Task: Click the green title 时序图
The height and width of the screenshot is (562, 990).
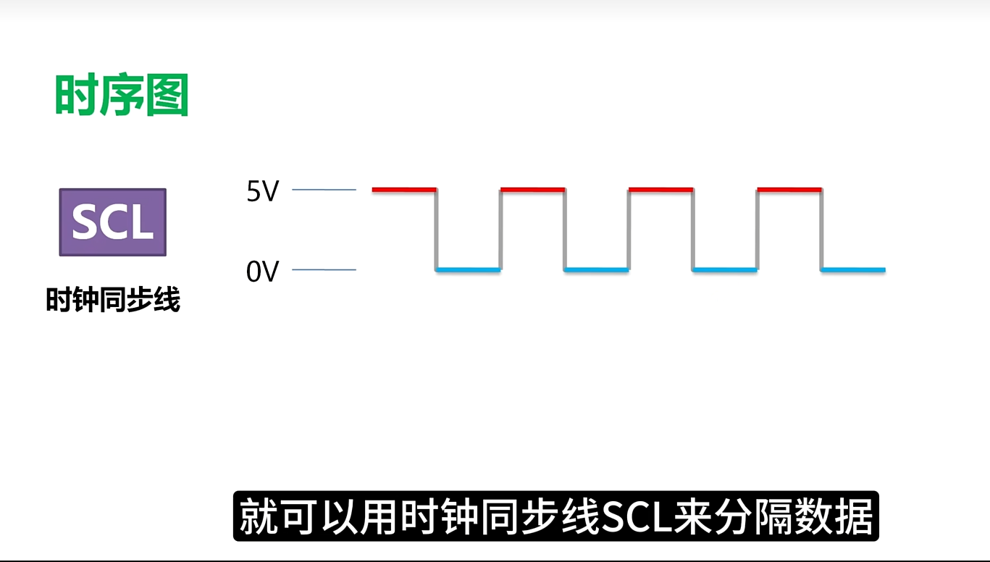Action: click(122, 96)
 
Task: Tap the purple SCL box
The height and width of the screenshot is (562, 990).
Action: click(112, 222)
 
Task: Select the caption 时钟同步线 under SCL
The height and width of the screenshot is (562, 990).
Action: click(113, 300)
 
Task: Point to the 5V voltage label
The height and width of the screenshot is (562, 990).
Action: click(262, 192)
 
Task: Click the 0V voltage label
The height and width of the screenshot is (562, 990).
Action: click(262, 272)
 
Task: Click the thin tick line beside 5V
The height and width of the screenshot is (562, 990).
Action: click(324, 190)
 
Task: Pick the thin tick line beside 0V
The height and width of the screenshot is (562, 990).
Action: click(324, 270)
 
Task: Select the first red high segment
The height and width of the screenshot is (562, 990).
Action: click(404, 190)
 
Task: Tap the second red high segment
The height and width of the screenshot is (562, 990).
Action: click(532, 190)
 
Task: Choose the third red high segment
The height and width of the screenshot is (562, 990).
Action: click(661, 190)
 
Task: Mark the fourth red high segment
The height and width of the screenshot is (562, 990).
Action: click(789, 190)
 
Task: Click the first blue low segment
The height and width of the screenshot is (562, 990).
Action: click(469, 270)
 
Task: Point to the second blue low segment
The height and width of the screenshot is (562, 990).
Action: click(597, 270)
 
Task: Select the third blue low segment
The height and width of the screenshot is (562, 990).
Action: click(725, 270)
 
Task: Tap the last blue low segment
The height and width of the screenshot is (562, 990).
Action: click(853, 270)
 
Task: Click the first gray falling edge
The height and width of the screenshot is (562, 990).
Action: click(437, 230)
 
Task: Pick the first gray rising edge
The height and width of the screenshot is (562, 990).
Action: click(500, 230)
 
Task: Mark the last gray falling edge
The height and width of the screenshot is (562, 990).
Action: click(821, 230)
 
